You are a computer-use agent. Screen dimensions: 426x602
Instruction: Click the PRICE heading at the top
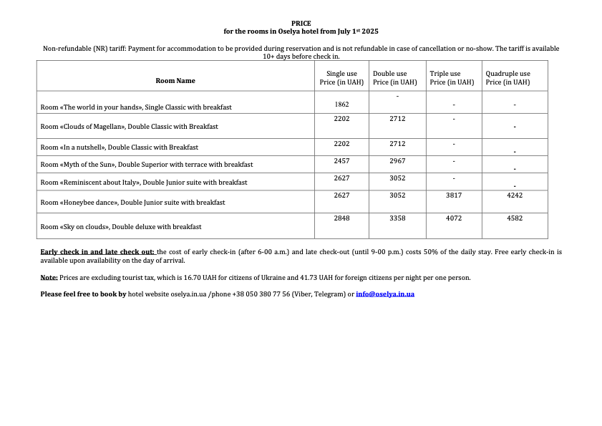click(x=301, y=24)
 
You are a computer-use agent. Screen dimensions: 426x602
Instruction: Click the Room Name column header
click(x=175, y=81)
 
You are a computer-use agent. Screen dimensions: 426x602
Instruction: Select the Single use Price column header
click(x=341, y=78)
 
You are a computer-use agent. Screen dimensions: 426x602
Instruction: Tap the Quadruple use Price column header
click(x=508, y=78)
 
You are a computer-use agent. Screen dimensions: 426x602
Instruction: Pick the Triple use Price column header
click(x=452, y=78)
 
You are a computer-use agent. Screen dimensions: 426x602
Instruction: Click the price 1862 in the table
click(x=341, y=105)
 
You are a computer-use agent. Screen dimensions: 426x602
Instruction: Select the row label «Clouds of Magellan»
click(x=129, y=127)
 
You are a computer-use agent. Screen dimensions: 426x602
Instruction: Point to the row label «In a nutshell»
click(x=119, y=147)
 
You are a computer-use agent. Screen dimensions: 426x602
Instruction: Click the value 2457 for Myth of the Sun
click(x=341, y=161)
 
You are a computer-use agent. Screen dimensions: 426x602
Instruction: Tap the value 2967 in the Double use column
click(x=397, y=161)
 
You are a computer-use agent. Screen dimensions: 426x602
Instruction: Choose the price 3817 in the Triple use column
click(x=454, y=195)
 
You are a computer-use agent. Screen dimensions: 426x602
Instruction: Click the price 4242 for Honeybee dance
click(x=515, y=195)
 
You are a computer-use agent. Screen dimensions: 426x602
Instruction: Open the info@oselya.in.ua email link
click(x=385, y=294)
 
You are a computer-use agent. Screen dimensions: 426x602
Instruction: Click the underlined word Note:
click(x=49, y=278)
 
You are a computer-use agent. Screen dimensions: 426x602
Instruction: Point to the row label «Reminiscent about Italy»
click(x=144, y=183)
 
